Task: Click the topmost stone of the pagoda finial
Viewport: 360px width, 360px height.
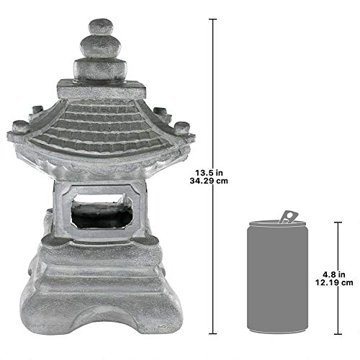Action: click(x=100, y=27)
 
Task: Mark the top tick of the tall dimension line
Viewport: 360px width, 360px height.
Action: click(x=212, y=19)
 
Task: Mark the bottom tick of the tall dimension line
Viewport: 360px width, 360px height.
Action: click(x=212, y=333)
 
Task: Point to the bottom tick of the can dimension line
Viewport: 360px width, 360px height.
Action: click(x=336, y=333)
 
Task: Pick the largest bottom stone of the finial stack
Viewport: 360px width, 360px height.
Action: click(x=100, y=69)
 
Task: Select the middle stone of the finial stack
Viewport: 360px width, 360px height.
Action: click(x=100, y=47)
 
